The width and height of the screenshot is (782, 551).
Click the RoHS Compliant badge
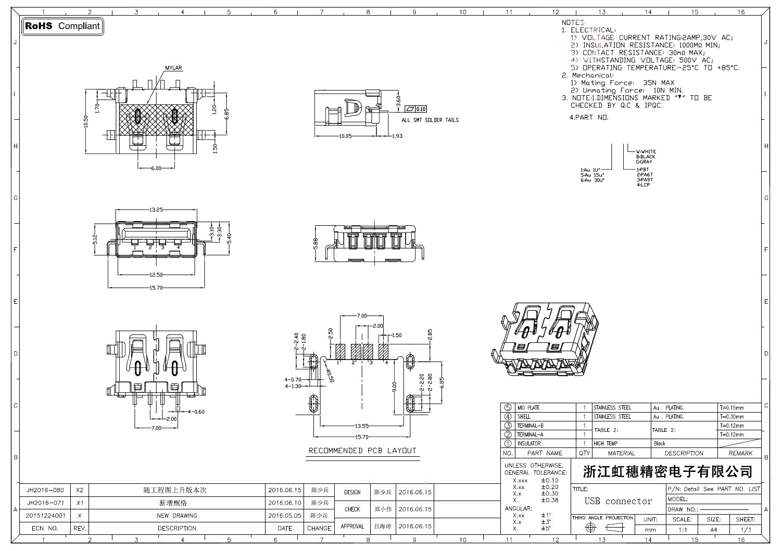[62, 26]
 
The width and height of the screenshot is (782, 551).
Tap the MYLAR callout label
[173, 68]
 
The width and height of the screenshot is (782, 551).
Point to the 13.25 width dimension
[156, 210]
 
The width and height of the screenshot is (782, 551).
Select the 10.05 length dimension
[346, 136]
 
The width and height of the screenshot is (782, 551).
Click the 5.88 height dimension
[316, 244]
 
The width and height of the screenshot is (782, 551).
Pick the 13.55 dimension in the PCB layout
[362, 425]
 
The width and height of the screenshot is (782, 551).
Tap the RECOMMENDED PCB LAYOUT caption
[362, 451]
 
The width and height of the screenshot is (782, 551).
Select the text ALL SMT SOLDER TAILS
[430, 120]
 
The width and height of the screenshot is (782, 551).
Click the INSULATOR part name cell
[528, 444]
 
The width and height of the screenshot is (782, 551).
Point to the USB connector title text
[618, 501]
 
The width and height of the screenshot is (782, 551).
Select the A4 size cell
[713, 530]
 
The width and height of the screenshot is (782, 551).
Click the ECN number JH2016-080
[45, 490]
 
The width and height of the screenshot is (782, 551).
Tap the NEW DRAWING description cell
[177, 516]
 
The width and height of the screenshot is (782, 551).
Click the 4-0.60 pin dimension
[196, 412]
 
